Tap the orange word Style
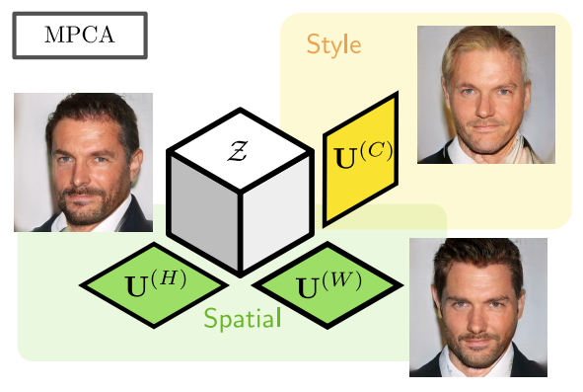pos(333,44)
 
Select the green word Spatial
pos(243,319)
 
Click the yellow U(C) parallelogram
pos(361,157)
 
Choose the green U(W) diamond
pos(328,284)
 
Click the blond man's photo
pos(485,94)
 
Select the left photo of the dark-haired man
pos(83,162)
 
